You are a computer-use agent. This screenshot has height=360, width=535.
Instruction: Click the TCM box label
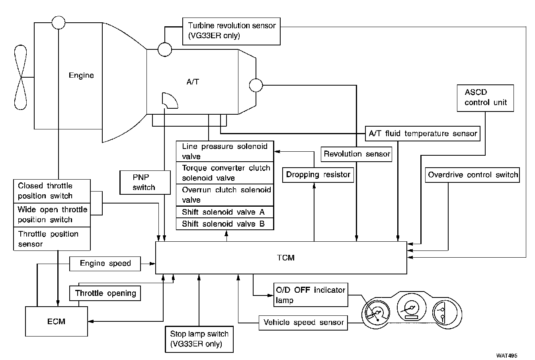pyautogui.click(x=285, y=258)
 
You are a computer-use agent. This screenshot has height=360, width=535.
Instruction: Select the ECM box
pyautogui.click(x=56, y=321)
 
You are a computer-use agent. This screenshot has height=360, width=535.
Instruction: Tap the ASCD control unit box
pyautogui.click(x=486, y=98)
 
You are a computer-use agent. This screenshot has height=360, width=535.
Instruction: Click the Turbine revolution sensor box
pyautogui.click(x=231, y=31)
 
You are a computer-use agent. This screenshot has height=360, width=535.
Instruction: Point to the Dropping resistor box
pyautogui.click(x=318, y=174)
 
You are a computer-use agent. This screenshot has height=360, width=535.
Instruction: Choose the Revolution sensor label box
pyautogui.click(x=357, y=154)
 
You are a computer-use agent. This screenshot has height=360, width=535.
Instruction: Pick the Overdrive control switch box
pyautogui.click(x=473, y=174)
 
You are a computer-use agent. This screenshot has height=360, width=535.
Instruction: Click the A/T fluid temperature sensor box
pyautogui.click(x=422, y=133)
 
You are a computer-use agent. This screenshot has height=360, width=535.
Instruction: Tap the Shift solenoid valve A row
pyautogui.click(x=225, y=212)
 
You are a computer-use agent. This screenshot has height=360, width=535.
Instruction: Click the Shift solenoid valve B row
pyautogui.click(x=225, y=224)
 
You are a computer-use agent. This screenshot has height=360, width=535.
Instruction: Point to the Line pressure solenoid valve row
pyautogui.click(x=225, y=151)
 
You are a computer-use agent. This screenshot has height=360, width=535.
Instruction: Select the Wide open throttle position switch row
pyautogui.click(x=52, y=215)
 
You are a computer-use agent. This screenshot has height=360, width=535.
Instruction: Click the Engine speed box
pyautogui.click(x=105, y=263)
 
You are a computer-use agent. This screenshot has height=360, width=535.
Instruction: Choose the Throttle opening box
pyautogui.click(x=105, y=293)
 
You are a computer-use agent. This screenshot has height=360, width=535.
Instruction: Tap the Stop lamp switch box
pyautogui.click(x=199, y=339)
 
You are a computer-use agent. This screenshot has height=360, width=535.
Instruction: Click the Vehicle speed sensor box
pyautogui.click(x=303, y=323)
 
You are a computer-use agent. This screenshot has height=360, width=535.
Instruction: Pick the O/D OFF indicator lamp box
pyautogui.click(x=310, y=295)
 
